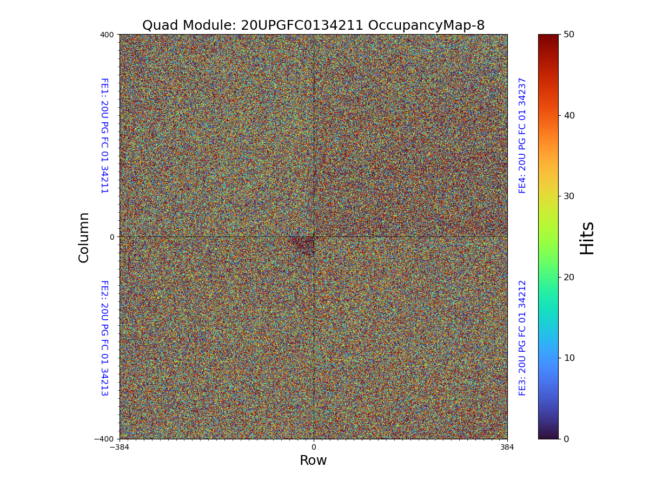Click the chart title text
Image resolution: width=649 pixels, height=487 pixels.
[313, 25]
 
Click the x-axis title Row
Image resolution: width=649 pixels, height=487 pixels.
[313, 460]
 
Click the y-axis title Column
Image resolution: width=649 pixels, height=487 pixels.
[84, 237]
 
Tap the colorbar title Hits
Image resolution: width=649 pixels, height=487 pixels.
[587, 238]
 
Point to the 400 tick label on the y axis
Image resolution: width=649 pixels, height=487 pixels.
[107, 35]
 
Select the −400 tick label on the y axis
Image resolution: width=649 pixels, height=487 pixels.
[104, 439]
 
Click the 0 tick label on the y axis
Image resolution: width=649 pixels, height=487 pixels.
[112, 237]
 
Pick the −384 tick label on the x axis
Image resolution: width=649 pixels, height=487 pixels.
[120, 447]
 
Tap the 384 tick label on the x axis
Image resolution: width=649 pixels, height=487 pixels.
[507, 447]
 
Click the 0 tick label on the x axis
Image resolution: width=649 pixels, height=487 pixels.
[313, 447]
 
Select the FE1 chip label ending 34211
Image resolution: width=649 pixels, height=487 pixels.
[104, 135]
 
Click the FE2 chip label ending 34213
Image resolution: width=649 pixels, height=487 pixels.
[104, 338]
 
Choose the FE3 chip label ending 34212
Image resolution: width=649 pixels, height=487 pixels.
[522, 338]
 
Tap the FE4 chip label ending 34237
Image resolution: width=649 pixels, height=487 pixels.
[522, 135]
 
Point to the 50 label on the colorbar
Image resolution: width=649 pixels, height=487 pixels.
[568, 34]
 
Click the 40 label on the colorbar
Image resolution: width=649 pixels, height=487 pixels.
[568, 115]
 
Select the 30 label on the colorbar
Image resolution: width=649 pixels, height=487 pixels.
[568, 196]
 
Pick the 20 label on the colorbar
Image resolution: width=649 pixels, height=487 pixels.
[568, 277]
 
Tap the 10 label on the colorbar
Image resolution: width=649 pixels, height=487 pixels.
[568, 358]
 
